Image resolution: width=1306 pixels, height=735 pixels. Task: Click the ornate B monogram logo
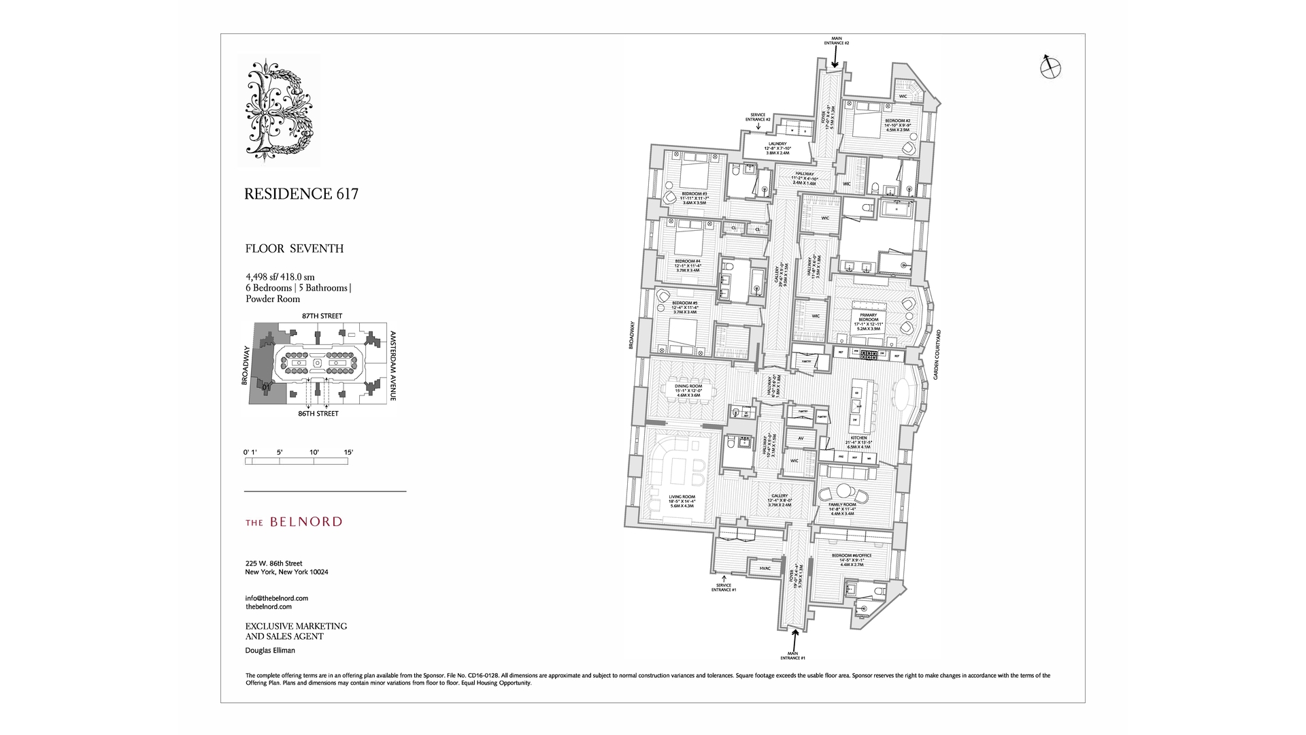pyautogui.click(x=280, y=110)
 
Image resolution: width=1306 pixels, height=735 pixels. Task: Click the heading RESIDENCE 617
pyautogui.click(x=301, y=194)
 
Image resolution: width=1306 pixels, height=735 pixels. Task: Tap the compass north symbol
pyautogui.click(x=1051, y=67)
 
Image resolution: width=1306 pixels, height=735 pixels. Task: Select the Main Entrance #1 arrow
pyautogui.click(x=794, y=640)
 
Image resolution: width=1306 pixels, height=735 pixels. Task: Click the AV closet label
pyautogui.click(x=801, y=438)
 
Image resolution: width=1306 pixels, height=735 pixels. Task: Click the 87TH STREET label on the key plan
pyautogui.click(x=322, y=316)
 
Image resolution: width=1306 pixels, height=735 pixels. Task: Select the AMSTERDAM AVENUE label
pyautogui.click(x=392, y=365)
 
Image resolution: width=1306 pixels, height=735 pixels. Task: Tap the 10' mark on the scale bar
pyautogui.click(x=314, y=453)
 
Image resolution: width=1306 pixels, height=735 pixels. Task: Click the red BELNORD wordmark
pyautogui.click(x=293, y=522)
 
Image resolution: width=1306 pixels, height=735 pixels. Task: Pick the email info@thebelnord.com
pyautogui.click(x=277, y=598)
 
